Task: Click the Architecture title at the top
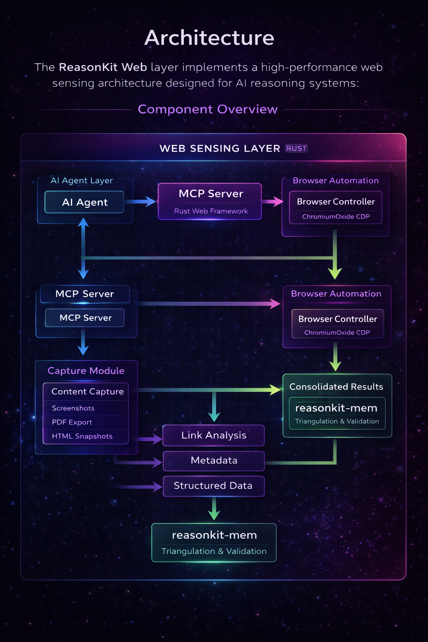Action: [209, 38]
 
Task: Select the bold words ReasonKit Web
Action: [103, 67]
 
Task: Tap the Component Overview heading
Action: [208, 109]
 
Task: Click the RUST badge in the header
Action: [296, 148]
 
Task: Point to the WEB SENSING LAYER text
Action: [220, 148]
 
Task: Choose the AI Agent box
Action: [84, 202]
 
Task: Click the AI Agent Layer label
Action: [82, 181]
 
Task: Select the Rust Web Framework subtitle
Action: [211, 211]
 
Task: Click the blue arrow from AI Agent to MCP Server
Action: [140, 202]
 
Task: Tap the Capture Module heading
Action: [86, 371]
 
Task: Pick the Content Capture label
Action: [87, 392]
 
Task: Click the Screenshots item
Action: [73, 408]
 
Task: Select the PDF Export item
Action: [72, 422]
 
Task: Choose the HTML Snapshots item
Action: [82, 436]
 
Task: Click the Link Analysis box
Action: [214, 435]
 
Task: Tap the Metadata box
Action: [214, 460]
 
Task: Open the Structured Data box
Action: [213, 486]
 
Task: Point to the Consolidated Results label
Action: [336, 387]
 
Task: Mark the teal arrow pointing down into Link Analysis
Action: [214, 408]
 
